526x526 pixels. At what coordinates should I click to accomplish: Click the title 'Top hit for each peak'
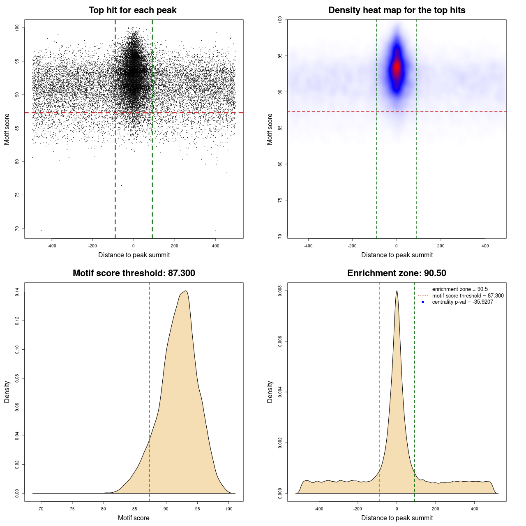[133, 10]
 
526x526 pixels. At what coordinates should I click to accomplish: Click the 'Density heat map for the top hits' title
[397, 10]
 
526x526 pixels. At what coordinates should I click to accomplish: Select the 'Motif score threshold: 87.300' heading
[134, 273]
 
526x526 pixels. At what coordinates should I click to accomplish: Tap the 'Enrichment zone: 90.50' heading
[397, 273]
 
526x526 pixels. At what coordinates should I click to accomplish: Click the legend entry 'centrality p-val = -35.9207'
[462, 302]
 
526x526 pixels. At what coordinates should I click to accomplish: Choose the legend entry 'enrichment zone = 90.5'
[460, 289]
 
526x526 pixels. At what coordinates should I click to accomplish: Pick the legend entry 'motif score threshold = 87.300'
[468, 296]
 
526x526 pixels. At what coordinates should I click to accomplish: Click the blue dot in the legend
[423, 302]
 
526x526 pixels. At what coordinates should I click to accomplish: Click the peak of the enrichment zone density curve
[397, 291]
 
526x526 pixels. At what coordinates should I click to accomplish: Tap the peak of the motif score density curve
[186, 291]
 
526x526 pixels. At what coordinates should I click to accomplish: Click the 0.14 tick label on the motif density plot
[17, 292]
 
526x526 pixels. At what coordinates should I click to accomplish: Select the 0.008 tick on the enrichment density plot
[280, 291]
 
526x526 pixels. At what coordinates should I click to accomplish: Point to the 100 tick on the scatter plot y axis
[17, 28]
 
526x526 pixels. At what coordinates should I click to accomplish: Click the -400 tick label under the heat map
[308, 246]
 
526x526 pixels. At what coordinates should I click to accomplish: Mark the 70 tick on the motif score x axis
[41, 509]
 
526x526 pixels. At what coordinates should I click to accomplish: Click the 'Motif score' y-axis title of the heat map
[270, 129]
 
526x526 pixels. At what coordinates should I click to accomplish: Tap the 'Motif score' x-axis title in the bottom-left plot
[134, 518]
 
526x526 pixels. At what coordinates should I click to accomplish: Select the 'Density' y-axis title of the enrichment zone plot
[270, 392]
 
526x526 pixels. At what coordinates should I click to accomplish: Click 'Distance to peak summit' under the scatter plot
[134, 255]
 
